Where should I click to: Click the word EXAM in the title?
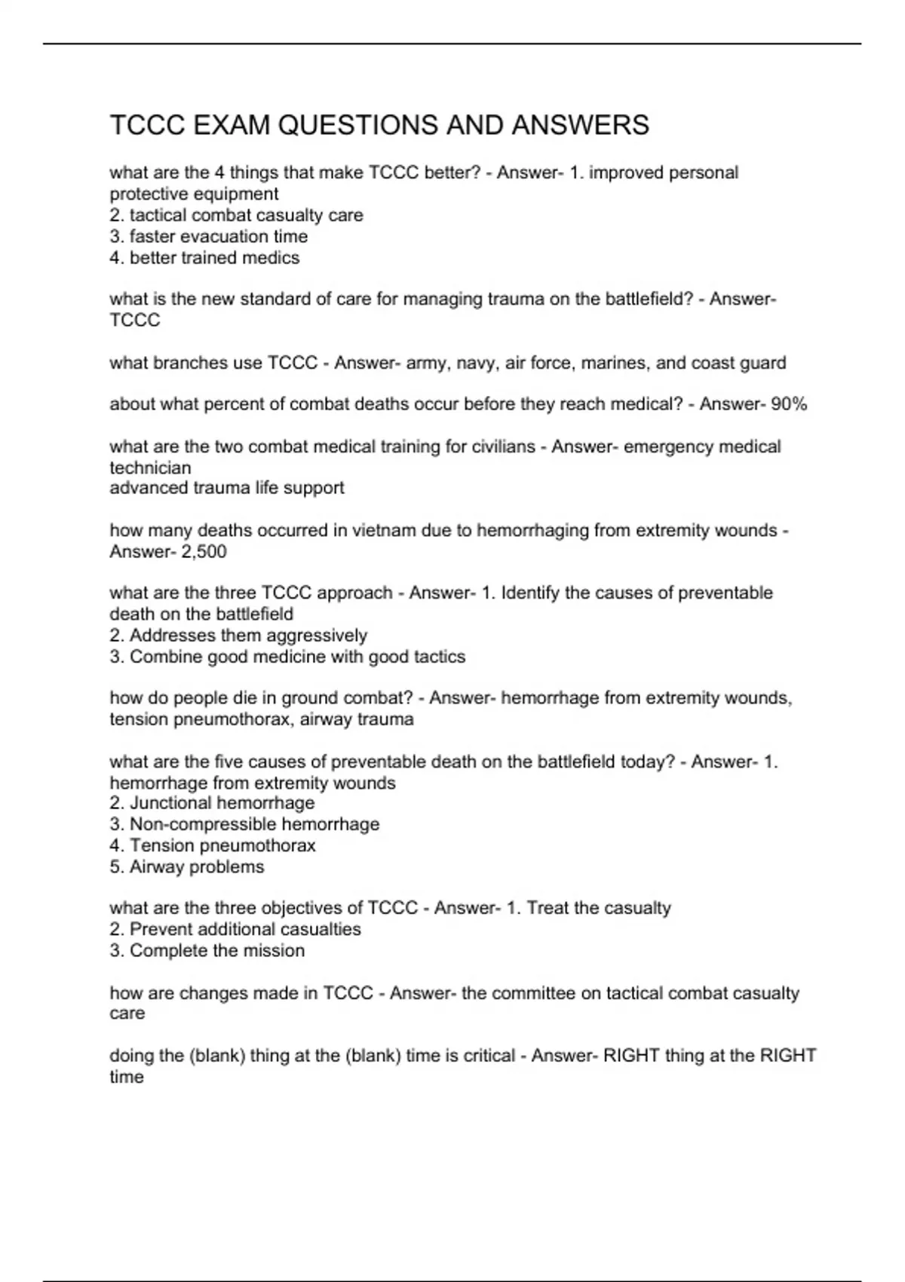232,125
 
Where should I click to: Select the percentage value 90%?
789,404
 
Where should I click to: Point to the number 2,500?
204,551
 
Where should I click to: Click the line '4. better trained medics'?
204,258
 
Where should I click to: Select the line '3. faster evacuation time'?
208,237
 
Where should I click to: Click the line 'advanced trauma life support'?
226,488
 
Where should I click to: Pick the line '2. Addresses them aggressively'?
238,635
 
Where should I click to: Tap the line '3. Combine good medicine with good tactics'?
287,656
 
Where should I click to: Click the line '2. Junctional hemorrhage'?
212,802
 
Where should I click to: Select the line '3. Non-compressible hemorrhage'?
244,823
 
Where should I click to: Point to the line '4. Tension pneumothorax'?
213,845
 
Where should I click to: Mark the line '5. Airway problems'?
187,866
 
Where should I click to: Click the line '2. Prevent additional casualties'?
235,929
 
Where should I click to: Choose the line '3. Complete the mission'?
207,950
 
